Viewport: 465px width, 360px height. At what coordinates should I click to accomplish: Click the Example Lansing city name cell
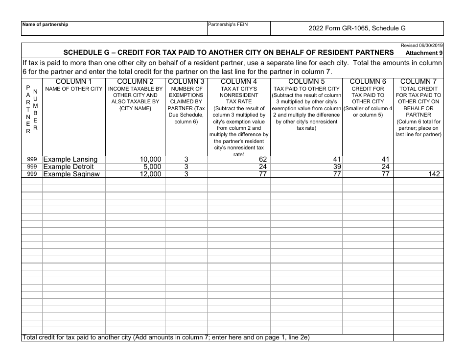click(x=70, y=159)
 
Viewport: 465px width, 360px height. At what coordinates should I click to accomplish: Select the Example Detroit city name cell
click(x=69, y=167)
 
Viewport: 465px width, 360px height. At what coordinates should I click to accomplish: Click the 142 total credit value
click(x=433, y=174)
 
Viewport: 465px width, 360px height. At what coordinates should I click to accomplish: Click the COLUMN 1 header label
click(x=74, y=81)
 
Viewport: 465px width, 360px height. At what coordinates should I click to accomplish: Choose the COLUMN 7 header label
click(x=418, y=81)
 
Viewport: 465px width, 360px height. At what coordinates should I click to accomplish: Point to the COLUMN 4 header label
click(x=239, y=81)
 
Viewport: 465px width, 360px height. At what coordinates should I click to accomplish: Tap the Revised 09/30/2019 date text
click(x=421, y=45)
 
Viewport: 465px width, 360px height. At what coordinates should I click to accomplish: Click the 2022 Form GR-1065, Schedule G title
click(x=357, y=28)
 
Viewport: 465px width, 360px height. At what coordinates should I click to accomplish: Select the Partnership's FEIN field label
click(x=228, y=24)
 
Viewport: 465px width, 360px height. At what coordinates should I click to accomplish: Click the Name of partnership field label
click(x=46, y=24)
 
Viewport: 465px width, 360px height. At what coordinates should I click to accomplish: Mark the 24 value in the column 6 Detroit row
click(x=384, y=167)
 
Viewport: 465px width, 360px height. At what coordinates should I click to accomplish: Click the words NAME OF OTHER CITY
click(x=74, y=89)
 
